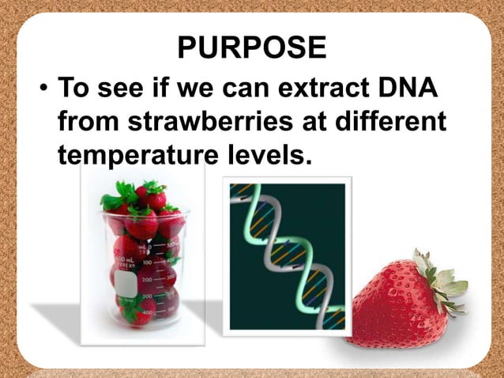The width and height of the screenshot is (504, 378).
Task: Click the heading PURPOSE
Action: pyautogui.click(x=251, y=47)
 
